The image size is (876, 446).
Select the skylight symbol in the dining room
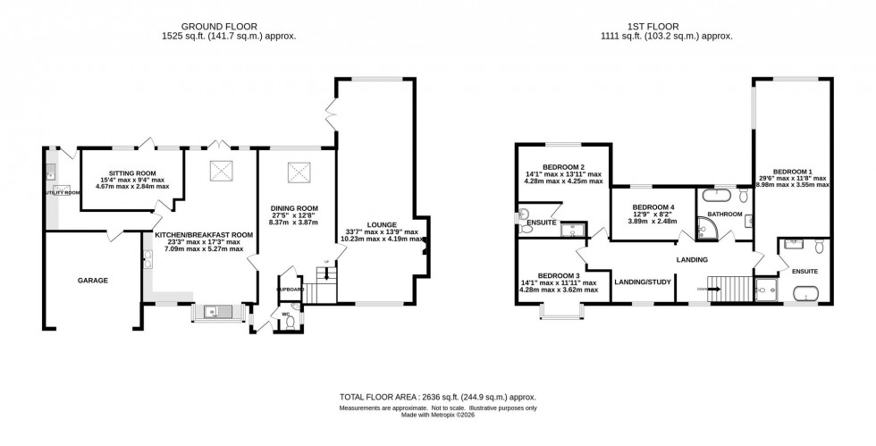[297, 173]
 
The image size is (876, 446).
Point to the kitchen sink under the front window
[214, 311]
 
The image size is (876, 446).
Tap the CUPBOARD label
[291, 290]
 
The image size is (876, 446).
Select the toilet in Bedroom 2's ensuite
[524, 215]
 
